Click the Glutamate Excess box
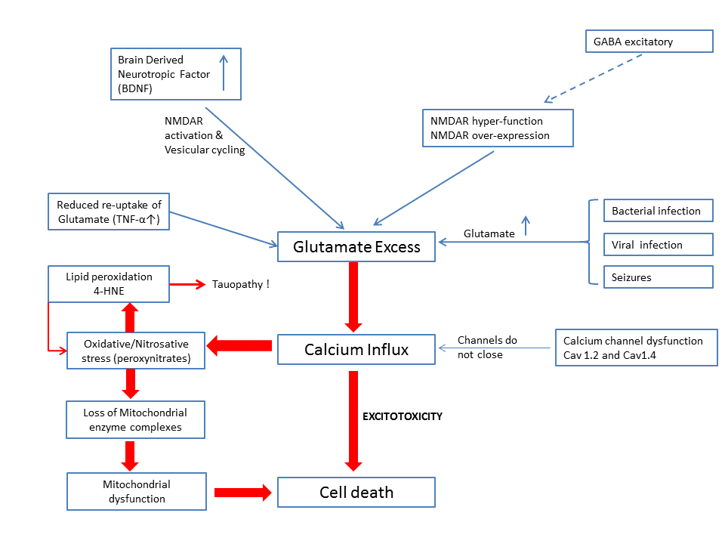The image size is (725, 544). [x=356, y=247]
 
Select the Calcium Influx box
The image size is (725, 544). [x=356, y=350]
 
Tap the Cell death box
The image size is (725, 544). [x=356, y=492]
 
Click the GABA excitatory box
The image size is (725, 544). [x=649, y=41]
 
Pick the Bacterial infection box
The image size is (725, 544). [x=658, y=211]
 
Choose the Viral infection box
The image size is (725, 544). [x=658, y=245]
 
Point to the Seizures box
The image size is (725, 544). [x=658, y=277]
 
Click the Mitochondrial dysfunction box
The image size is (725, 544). [x=137, y=491]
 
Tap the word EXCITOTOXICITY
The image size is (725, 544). [x=402, y=416]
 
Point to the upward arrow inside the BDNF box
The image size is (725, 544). [x=224, y=73]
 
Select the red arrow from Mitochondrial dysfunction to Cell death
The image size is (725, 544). [x=242, y=493]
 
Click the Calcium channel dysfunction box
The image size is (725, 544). [x=636, y=348]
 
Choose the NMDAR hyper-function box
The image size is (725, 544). [x=498, y=128]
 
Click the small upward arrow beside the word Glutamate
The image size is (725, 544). [x=526, y=225]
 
